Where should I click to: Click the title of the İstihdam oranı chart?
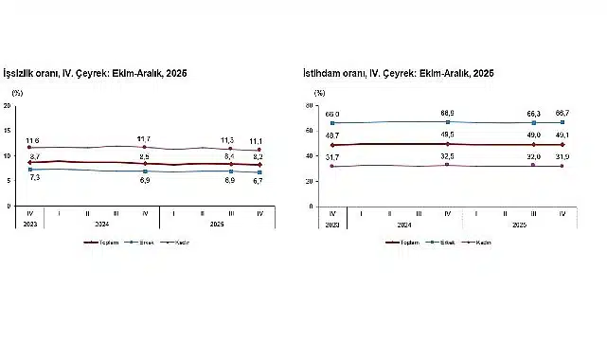(404, 73)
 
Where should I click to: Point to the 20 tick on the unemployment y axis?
(8, 105)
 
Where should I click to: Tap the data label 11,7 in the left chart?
(144, 138)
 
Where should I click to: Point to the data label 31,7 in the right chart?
(333, 156)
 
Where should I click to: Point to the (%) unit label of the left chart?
(16, 93)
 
